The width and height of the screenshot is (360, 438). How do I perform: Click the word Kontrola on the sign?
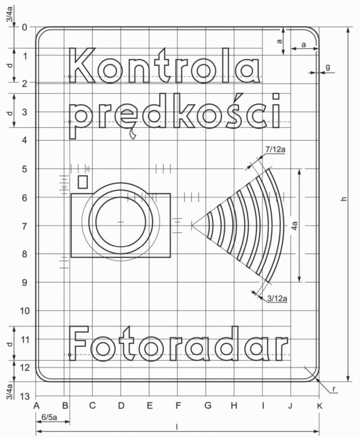pyautogui.click(x=165, y=65)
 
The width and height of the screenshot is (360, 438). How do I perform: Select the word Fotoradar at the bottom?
pyautogui.click(x=178, y=343)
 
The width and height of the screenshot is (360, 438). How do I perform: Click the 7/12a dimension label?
pyautogui.click(x=275, y=149)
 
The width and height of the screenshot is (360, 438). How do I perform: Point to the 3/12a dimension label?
pyautogui.click(x=277, y=298)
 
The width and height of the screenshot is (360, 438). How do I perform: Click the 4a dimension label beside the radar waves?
pyautogui.click(x=295, y=226)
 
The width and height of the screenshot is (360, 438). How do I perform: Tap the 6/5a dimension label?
pyautogui.click(x=49, y=417)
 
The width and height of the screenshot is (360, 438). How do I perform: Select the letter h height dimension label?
pyautogui.click(x=344, y=199)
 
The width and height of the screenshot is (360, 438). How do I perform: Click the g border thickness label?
pyautogui.click(x=328, y=67)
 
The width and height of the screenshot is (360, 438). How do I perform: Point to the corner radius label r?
pyautogui.click(x=334, y=388)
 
